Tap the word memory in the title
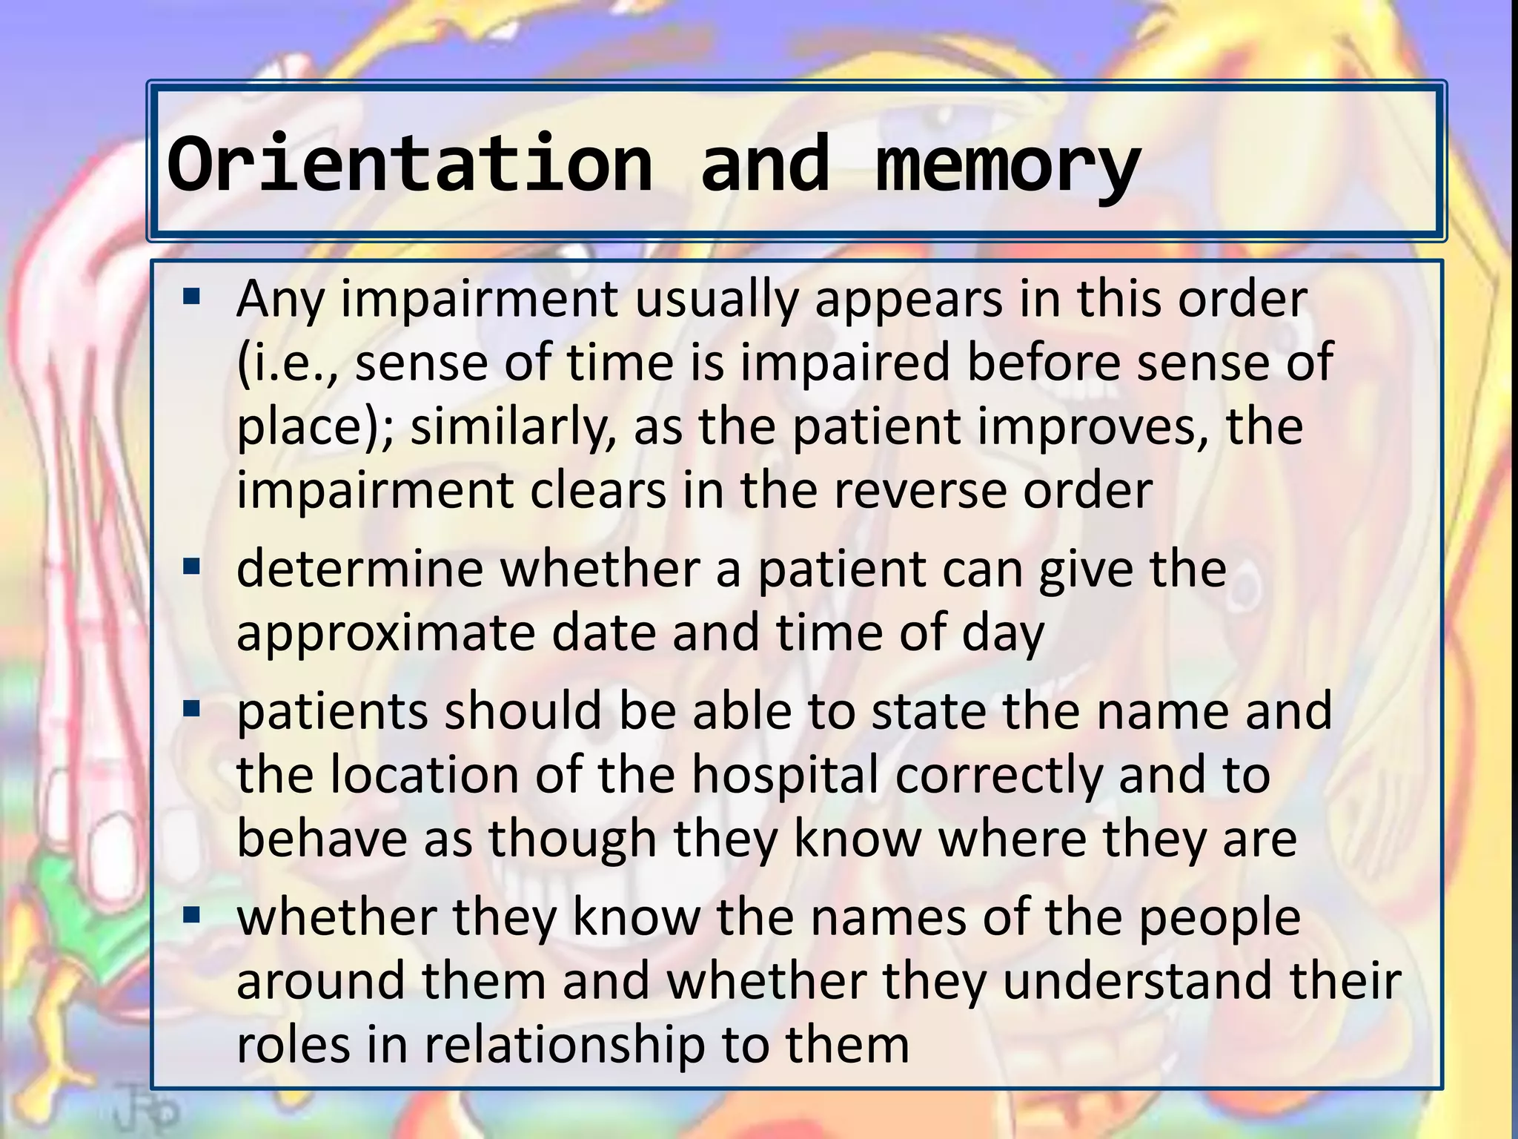click(x=1008, y=167)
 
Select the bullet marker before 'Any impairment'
click(x=191, y=298)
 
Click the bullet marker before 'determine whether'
click(x=191, y=568)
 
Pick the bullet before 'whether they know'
click(x=191, y=916)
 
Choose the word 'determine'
click(x=359, y=569)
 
